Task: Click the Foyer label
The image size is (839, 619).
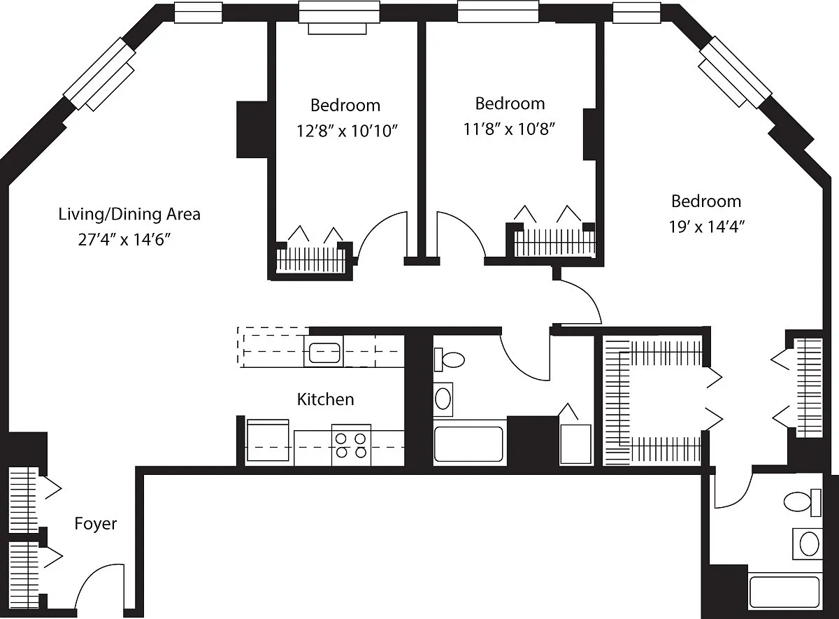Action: pyautogui.click(x=96, y=523)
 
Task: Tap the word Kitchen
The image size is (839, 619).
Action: pyautogui.click(x=326, y=399)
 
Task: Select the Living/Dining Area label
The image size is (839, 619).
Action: pyautogui.click(x=129, y=214)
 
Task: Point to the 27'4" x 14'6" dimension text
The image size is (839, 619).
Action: pyautogui.click(x=124, y=239)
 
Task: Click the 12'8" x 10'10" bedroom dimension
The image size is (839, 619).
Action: pyautogui.click(x=347, y=131)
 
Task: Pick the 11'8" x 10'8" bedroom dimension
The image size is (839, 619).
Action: pyautogui.click(x=509, y=129)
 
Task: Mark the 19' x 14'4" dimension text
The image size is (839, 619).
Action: pyautogui.click(x=707, y=227)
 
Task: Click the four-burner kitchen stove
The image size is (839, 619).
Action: pyautogui.click(x=351, y=445)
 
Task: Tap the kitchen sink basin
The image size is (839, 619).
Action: pyautogui.click(x=324, y=353)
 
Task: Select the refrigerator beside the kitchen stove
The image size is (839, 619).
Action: pyautogui.click(x=268, y=441)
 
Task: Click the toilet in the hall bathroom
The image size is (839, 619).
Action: pyautogui.click(x=449, y=360)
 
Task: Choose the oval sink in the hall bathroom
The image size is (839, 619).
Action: pyautogui.click(x=443, y=399)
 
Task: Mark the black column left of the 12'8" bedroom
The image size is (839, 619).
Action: pyautogui.click(x=252, y=129)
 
